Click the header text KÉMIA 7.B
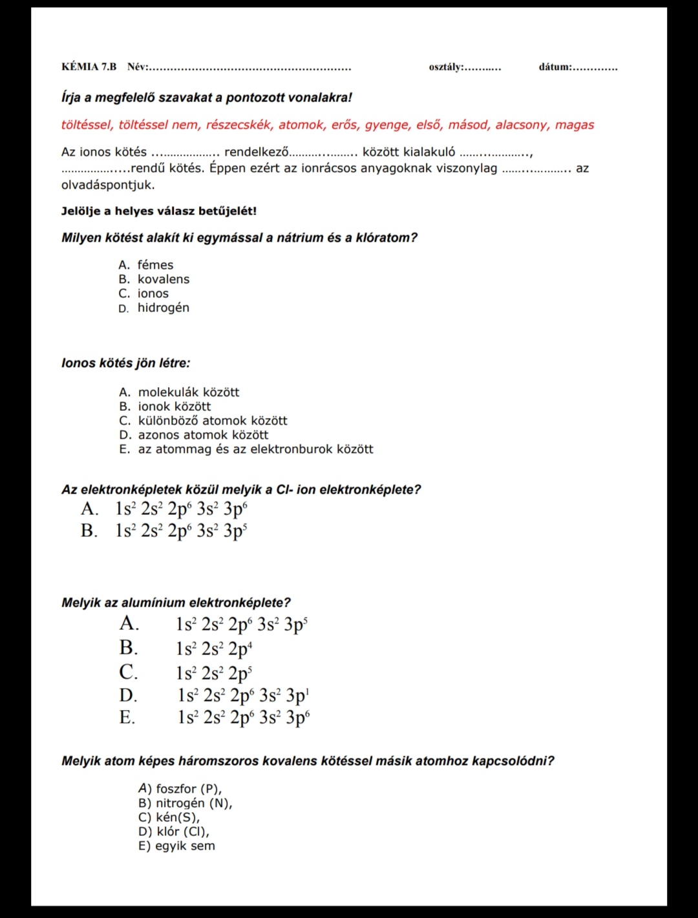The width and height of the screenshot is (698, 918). [89, 67]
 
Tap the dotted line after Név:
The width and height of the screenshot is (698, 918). [250, 68]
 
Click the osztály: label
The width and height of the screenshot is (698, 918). [446, 67]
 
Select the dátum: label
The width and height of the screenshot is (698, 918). [555, 67]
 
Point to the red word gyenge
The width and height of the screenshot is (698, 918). [386, 125]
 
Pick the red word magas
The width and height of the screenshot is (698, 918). [574, 125]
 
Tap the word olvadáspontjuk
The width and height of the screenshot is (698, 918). [108, 185]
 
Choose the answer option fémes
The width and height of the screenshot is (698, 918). [155, 265]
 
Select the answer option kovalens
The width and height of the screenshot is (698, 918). [164, 279]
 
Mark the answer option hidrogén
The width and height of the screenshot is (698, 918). [163, 308]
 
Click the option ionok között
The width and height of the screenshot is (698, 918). [174, 406]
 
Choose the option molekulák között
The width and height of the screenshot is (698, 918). [188, 392]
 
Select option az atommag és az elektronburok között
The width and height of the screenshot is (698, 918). [255, 449]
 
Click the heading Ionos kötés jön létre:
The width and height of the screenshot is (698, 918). [126, 363]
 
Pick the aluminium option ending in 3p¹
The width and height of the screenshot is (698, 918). [244, 696]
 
